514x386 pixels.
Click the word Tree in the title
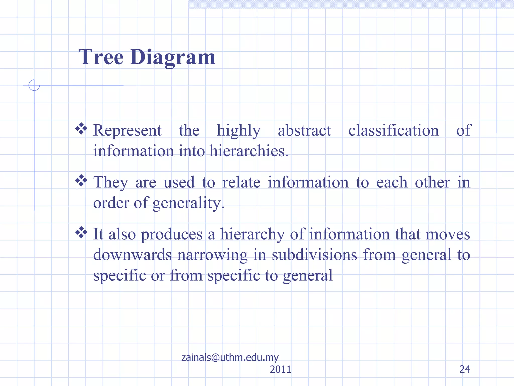coord(101,57)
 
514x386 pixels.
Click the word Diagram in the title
coord(172,58)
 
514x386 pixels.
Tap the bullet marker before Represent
coord(81,129)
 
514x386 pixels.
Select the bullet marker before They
coord(81,181)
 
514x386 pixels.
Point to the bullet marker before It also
coord(81,232)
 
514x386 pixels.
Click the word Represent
coord(127,130)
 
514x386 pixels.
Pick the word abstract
coord(304,130)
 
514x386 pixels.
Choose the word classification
coord(394,130)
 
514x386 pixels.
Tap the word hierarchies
coord(249,151)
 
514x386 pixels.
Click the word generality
coord(188,203)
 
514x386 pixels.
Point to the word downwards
coord(133,255)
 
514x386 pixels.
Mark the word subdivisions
coord(314,255)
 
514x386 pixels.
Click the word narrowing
coord(212,255)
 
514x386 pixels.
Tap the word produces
coord(172,234)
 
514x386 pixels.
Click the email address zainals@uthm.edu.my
coord(230,357)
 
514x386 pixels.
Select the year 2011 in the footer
coord(280,369)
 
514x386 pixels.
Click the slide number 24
coord(465,369)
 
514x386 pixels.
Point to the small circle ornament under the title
coord(34,85)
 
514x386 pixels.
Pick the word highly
coord(238,130)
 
